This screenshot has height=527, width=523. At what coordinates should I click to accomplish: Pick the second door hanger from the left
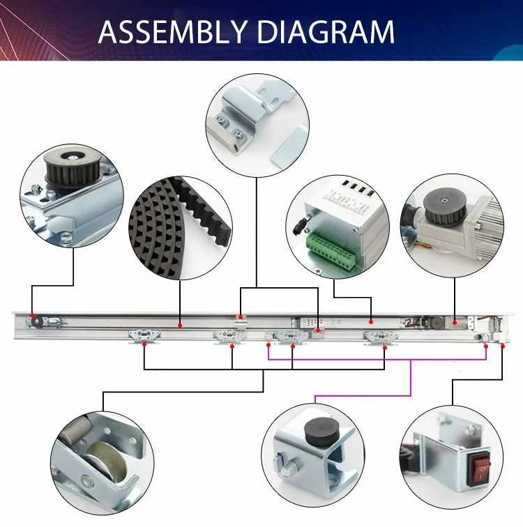(x=231, y=337)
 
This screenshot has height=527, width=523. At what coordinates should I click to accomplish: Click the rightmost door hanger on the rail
(x=382, y=338)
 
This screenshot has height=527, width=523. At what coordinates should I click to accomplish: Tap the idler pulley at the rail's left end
(x=33, y=323)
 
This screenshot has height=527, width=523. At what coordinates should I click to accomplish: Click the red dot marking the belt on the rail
(x=181, y=324)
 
